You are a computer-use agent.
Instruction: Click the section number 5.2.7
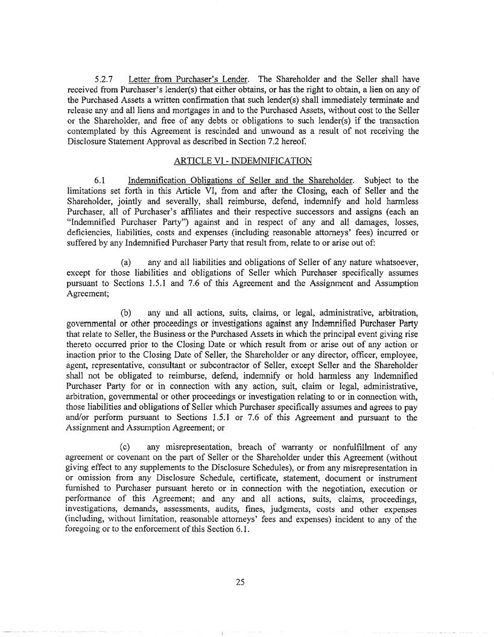[106, 80]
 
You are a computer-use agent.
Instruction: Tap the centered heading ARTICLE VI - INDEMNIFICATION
[242, 161]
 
